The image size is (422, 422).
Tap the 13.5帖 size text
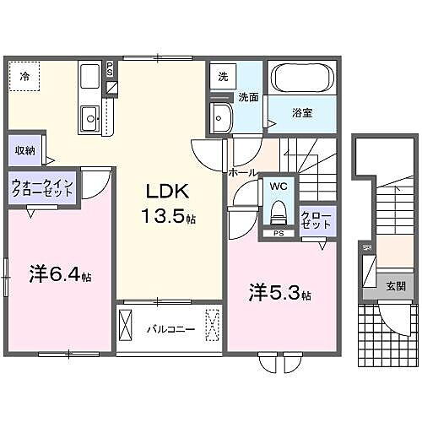[168, 216]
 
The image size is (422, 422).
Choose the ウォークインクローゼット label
[41, 187]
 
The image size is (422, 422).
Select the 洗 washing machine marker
[223, 76]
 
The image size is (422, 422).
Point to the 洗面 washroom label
[247, 96]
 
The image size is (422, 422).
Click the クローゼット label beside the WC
[316, 221]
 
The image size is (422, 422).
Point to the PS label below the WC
[277, 234]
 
